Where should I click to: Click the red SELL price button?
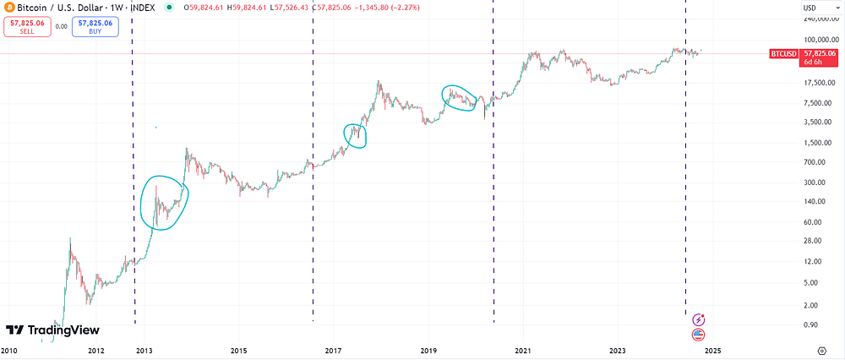tap(28, 26)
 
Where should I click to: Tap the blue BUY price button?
tap(95, 26)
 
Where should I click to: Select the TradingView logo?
tap(52, 330)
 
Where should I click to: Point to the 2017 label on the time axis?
tap(333, 351)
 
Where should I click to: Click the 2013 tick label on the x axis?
tap(144, 351)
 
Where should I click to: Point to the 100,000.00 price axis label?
tap(821, 40)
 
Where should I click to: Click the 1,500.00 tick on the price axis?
tap(823, 142)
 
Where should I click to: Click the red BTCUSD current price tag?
tap(804, 57)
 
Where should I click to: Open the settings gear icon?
tap(821, 351)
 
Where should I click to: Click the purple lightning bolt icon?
tap(699, 319)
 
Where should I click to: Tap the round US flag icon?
tap(699, 335)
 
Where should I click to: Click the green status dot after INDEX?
tap(170, 8)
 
